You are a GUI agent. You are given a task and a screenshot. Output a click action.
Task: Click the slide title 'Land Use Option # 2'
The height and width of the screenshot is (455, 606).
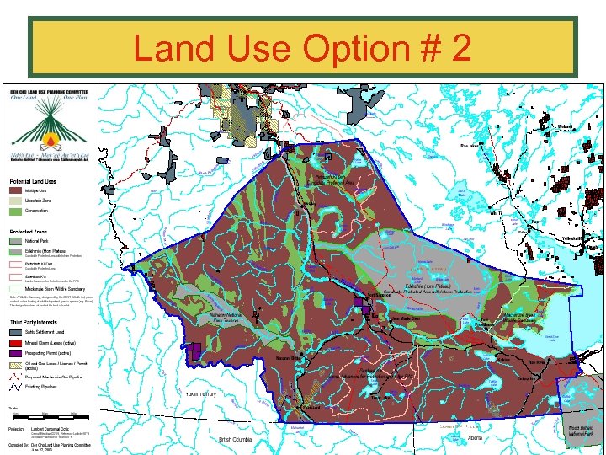(x=302, y=49)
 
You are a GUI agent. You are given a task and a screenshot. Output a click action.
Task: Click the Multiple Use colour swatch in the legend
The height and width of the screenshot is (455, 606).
(x=16, y=191)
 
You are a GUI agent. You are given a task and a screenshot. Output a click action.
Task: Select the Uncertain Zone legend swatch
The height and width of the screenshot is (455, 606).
(x=16, y=201)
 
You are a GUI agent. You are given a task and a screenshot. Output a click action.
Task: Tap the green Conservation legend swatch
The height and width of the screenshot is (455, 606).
(x=16, y=211)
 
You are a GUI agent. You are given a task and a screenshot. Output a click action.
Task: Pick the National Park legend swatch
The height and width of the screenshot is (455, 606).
(x=16, y=241)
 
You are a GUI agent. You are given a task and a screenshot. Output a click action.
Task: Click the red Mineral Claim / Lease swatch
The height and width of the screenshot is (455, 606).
(x=16, y=344)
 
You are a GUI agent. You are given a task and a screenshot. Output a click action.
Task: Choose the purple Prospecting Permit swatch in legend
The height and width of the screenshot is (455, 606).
(x=16, y=354)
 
